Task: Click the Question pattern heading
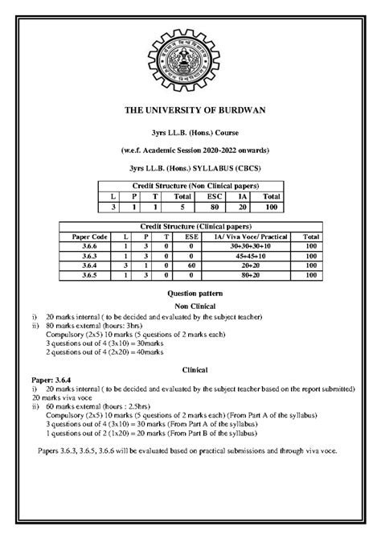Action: (190, 296)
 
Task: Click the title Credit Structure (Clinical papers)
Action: (190, 228)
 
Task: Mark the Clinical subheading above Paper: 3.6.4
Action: (190, 368)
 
